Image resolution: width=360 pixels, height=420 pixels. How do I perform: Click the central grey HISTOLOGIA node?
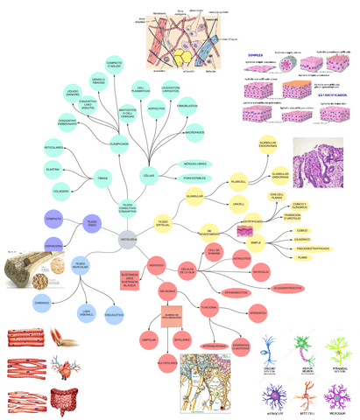[127, 239]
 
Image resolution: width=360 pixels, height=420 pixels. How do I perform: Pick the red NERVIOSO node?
[158, 263]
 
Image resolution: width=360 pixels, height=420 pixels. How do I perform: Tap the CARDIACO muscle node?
[42, 303]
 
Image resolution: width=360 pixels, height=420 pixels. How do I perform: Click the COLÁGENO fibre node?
[62, 191]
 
